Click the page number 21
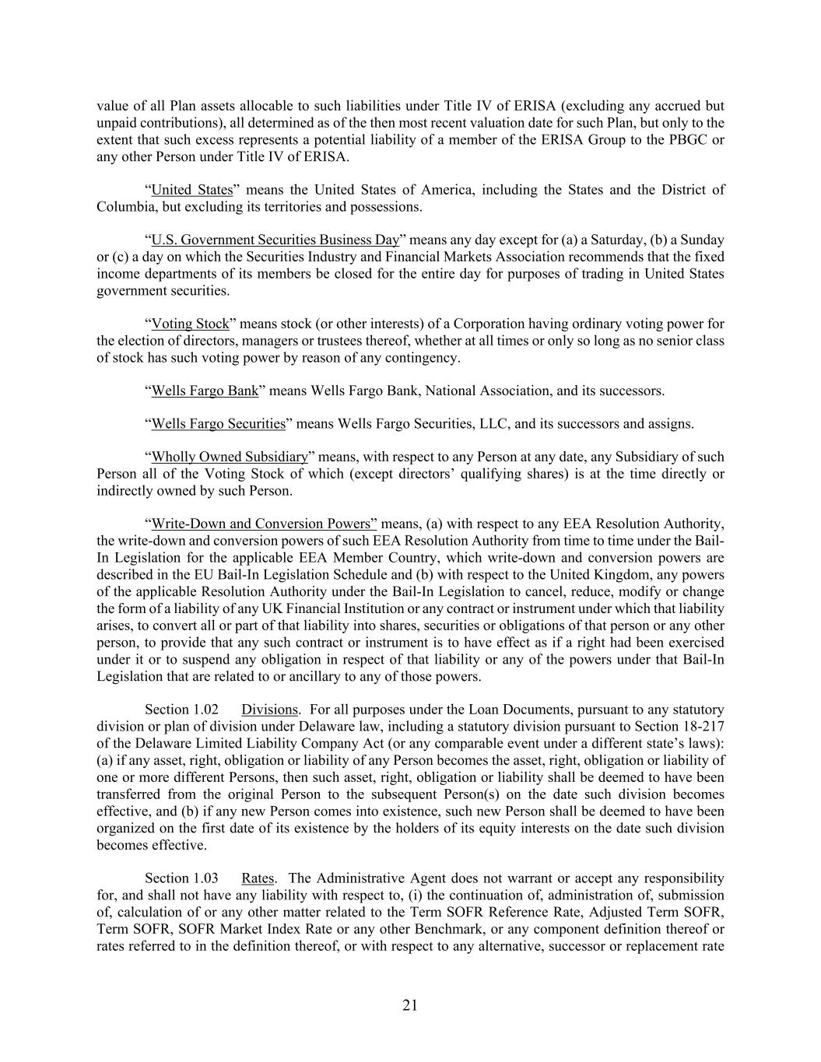410,1005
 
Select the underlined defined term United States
191,190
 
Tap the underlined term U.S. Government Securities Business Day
275,240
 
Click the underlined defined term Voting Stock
190,324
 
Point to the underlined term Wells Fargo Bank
204,391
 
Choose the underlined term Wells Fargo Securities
218,424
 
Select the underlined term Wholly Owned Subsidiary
230,457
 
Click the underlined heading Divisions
269,710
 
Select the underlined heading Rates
257,878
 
